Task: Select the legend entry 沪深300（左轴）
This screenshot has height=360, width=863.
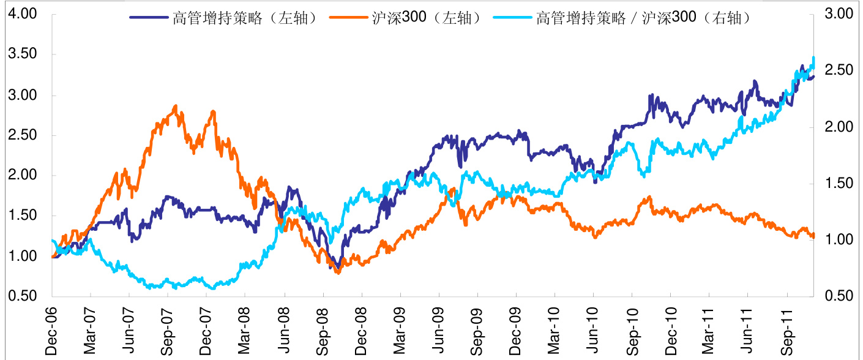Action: [422, 18]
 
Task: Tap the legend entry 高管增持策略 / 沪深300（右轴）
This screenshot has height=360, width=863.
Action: [643, 18]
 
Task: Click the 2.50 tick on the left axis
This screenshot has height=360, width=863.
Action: [23, 135]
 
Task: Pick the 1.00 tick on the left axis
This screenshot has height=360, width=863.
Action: [23, 256]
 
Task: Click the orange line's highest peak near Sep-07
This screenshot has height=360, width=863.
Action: [176, 106]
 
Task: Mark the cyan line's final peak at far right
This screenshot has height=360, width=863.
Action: [813, 58]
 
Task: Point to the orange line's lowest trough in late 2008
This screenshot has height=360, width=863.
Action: [338, 272]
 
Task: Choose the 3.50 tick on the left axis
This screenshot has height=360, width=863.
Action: [23, 54]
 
